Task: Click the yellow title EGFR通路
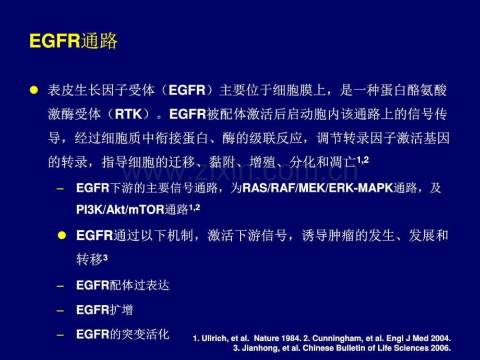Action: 73,41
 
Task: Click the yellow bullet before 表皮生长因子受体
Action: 34,90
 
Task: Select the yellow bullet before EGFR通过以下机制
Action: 62,235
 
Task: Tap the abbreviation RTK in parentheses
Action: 128,114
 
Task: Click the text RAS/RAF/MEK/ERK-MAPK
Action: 317,188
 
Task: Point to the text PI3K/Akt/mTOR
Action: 121,210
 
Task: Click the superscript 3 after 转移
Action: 105,258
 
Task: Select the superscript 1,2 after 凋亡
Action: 363,160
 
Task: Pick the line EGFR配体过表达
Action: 123,285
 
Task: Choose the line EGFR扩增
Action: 104,310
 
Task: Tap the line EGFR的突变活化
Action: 123,334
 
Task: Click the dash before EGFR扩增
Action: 61,311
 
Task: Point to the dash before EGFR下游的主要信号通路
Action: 61,188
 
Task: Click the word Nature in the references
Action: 266,338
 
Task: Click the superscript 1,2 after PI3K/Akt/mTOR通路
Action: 195,208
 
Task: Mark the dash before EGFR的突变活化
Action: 61,335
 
